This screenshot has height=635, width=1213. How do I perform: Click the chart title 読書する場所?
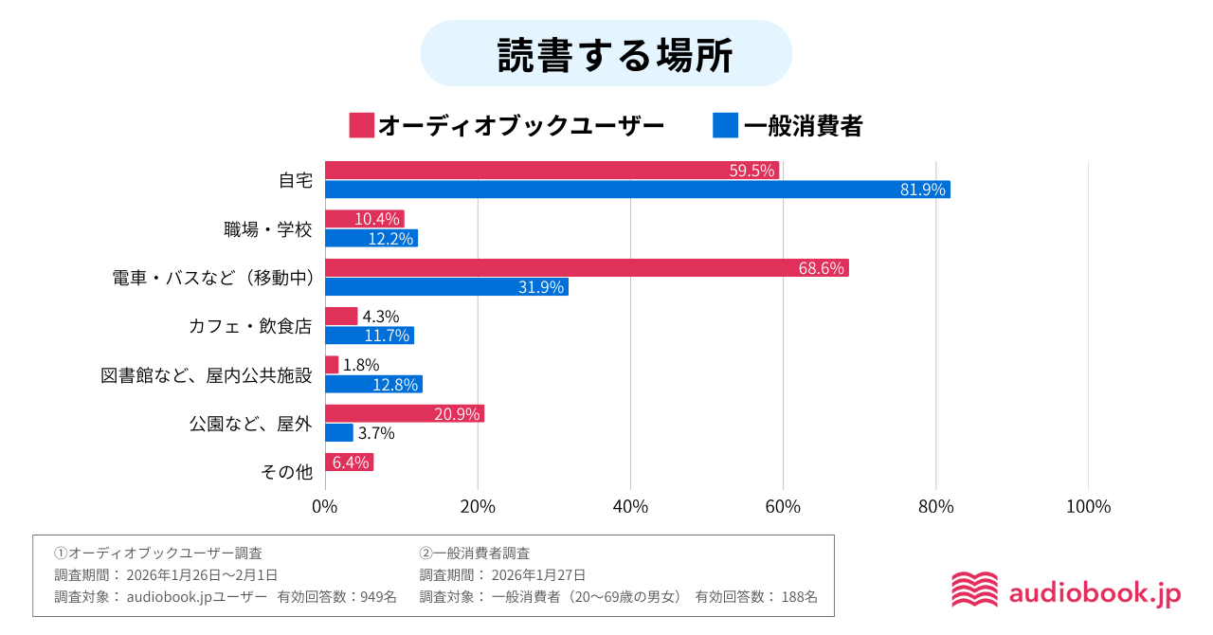[606, 55]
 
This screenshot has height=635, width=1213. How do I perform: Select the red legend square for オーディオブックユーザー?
[361, 125]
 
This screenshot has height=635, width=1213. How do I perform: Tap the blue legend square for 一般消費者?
[725, 125]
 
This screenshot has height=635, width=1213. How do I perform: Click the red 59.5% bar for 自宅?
[552, 171]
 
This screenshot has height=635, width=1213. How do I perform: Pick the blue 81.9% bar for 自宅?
[637, 190]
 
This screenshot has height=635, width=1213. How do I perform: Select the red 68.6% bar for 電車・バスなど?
[587, 268]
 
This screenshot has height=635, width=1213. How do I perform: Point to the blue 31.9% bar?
[446, 287]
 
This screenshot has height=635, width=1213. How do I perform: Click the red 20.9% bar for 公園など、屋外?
[404, 413]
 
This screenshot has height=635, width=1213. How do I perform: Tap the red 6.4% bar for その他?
[349, 463]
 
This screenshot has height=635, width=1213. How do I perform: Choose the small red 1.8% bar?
[332, 365]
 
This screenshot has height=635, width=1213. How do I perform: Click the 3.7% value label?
[376, 433]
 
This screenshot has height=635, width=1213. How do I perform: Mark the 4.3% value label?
[381, 317]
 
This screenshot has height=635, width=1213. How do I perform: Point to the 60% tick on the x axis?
[783, 507]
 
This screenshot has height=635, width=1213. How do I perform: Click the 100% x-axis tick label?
[1088, 507]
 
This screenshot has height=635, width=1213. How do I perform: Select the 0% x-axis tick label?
[325, 507]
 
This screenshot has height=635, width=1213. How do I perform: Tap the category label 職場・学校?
[267, 229]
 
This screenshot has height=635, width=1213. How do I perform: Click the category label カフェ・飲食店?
[250, 326]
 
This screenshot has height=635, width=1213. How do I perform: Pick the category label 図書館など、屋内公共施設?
[206, 375]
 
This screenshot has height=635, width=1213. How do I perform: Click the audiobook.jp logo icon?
[974, 590]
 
